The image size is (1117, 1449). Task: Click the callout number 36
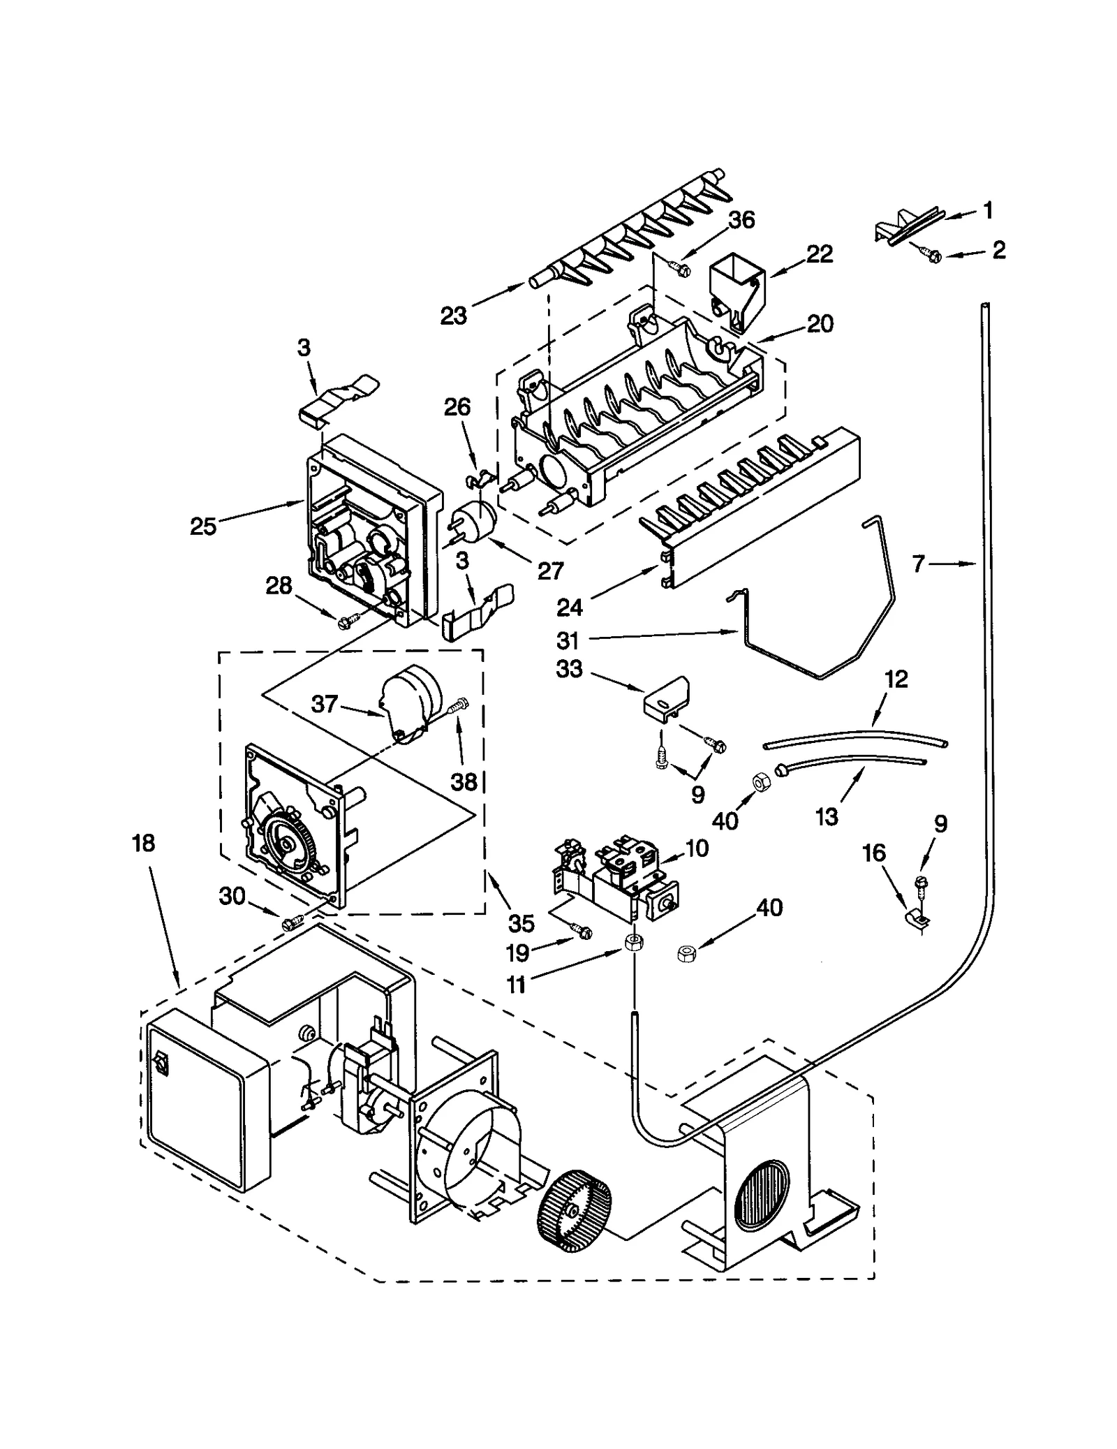[x=741, y=220]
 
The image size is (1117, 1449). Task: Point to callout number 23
[x=453, y=316]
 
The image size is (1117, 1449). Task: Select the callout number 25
[x=203, y=526]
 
